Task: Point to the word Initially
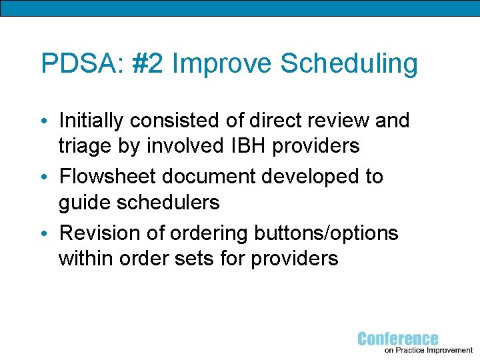91,121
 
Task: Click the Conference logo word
398,338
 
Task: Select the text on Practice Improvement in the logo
429,350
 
